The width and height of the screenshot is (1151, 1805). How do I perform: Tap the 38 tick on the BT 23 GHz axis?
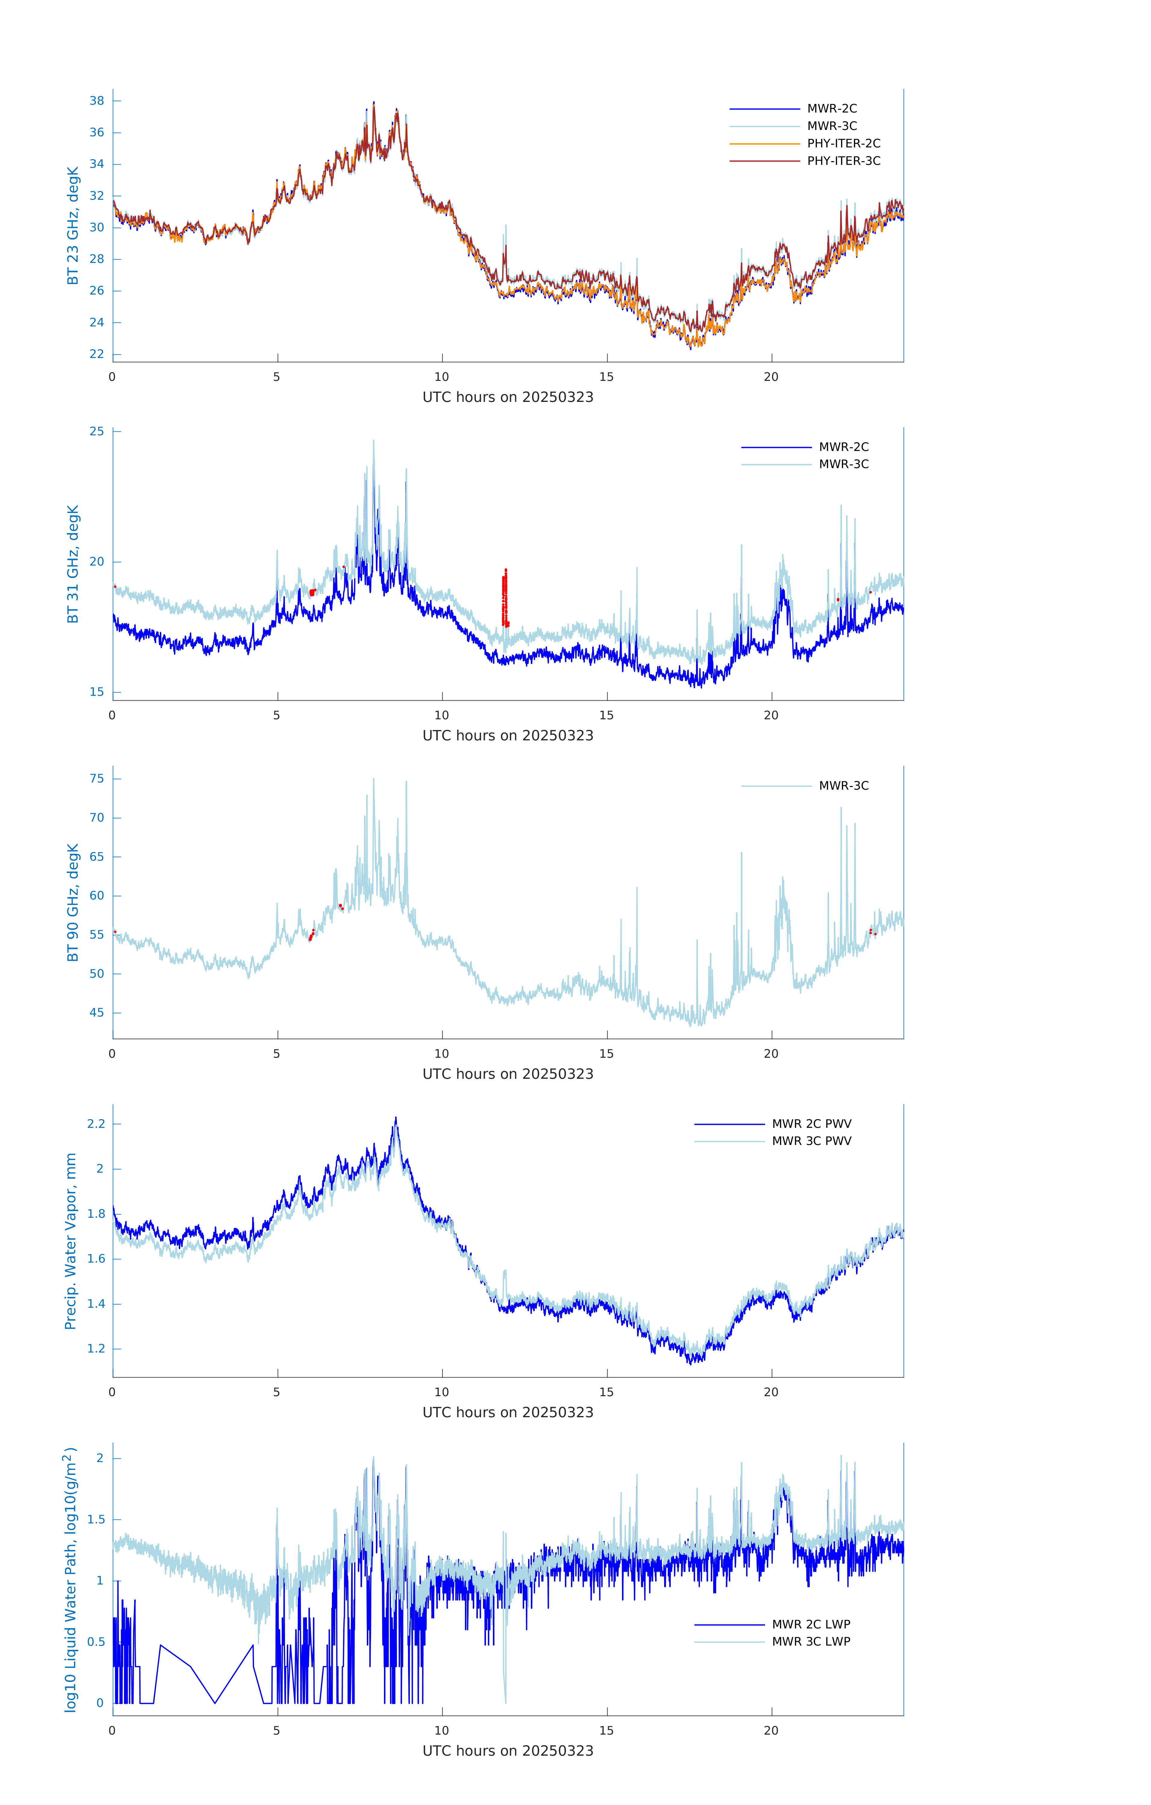(x=97, y=100)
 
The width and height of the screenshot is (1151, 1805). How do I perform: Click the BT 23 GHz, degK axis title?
(x=73, y=226)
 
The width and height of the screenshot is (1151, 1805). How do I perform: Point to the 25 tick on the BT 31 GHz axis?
(x=97, y=431)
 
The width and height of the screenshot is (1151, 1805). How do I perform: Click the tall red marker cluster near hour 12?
(x=505, y=597)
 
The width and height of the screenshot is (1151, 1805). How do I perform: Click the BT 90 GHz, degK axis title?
(x=73, y=902)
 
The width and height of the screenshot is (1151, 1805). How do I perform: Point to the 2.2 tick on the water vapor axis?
(x=96, y=1124)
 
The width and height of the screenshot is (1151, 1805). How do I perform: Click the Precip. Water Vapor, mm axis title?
(x=70, y=1241)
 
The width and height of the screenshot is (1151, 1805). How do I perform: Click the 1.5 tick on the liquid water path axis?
(x=96, y=1520)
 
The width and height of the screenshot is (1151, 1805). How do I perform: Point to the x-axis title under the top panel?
(x=508, y=397)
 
